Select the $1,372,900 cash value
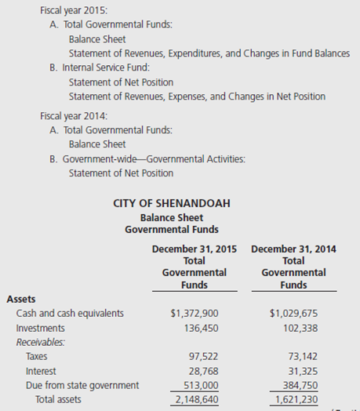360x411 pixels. click(195, 313)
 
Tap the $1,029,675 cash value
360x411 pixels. click(293, 313)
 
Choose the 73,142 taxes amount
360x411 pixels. click(302, 356)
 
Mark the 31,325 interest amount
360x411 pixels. click(302, 370)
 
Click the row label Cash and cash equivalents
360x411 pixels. click(69, 313)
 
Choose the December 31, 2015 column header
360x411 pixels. click(194, 249)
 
